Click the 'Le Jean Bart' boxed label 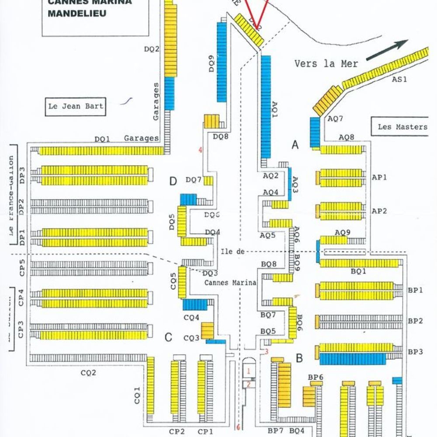pyautogui.click(x=76, y=106)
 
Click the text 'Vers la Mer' pyautogui.click(x=326, y=64)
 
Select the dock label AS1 pyautogui.click(x=399, y=79)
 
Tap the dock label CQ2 pyautogui.click(x=88, y=373)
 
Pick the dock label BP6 pyautogui.click(x=316, y=377)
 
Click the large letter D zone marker pyautogui.click(x=173, y=181)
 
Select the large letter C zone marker pyautogui.click(x=169, y=337)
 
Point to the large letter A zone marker pyautogui.click(x=295, y=145)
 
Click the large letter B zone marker pyautogui.click(x=299, y=358)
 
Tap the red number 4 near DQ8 pyautogui.click(x=201, y=150)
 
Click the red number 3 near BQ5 pyautogui.click(x=266, y=351)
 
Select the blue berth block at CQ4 pyautogui.click(x=194, y=305)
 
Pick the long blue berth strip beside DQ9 pyautogui.click(x=222, y=62)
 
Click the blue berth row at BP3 pyautogui.click(x=353, y=359)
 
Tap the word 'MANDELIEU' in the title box pyautogui.click(x=77, y=13)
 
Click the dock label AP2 pyautogui.click(x=379, y=211)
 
